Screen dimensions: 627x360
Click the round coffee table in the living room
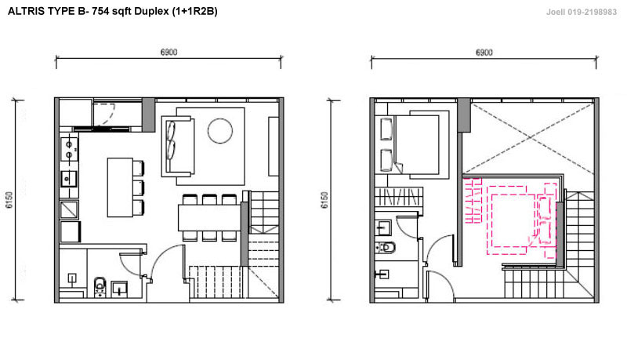point(220,131)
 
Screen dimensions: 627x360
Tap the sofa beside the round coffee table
point(178,146)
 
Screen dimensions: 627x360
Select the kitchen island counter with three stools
point(120,187)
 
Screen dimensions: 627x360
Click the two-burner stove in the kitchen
point(69,149)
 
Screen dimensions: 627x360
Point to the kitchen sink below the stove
point(69,179)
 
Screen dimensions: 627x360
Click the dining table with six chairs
point(209,217)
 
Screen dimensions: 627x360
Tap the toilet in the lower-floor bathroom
point(100,286)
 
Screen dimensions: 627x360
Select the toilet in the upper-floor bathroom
point(385,247)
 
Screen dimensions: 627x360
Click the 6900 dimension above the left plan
point(169,52)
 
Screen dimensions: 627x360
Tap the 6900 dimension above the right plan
point(484,53)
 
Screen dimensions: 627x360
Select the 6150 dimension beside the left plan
point(9,200)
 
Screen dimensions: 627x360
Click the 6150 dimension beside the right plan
point(324,200)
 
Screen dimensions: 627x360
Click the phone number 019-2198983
point(593,12)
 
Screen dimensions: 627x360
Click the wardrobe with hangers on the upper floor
point(399,197)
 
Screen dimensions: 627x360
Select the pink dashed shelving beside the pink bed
point(473,201)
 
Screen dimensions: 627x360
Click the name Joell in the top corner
point(556,12)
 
